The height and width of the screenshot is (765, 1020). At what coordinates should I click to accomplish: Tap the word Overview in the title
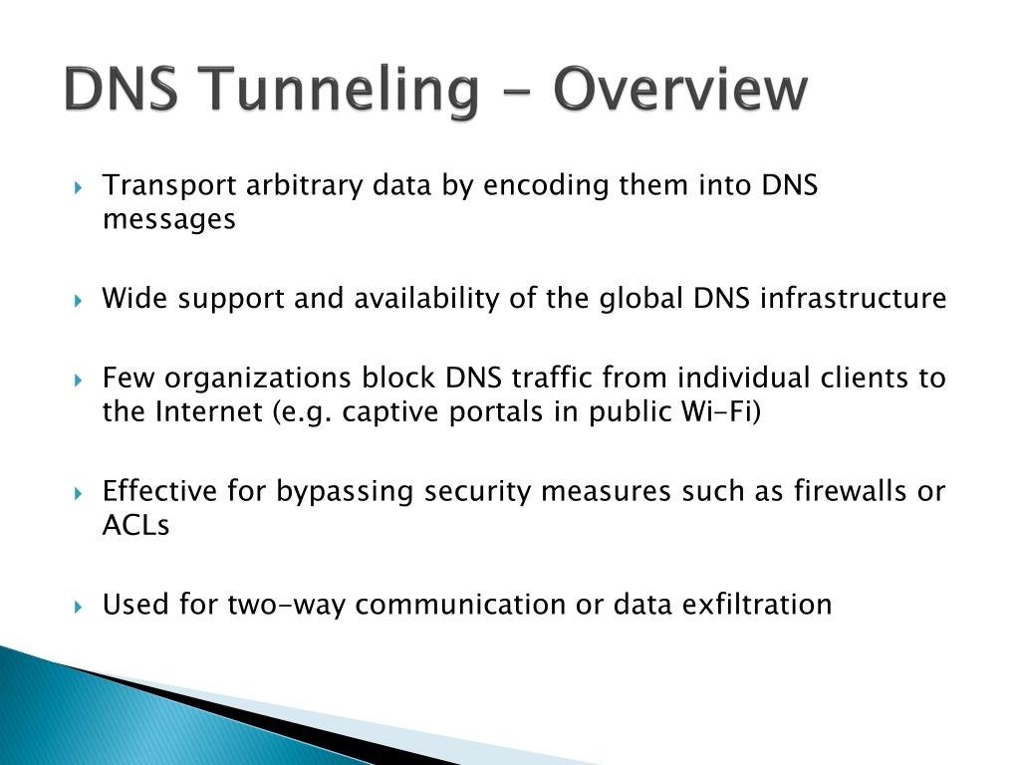(x=679, y=91)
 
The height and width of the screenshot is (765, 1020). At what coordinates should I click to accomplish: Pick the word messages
(x=169, y=219)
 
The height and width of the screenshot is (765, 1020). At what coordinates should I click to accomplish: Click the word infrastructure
(x=868, y=298)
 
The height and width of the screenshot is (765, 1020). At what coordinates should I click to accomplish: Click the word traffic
(x=549, y=379)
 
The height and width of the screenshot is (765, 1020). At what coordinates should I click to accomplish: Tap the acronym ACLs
(x=136, y=525)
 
